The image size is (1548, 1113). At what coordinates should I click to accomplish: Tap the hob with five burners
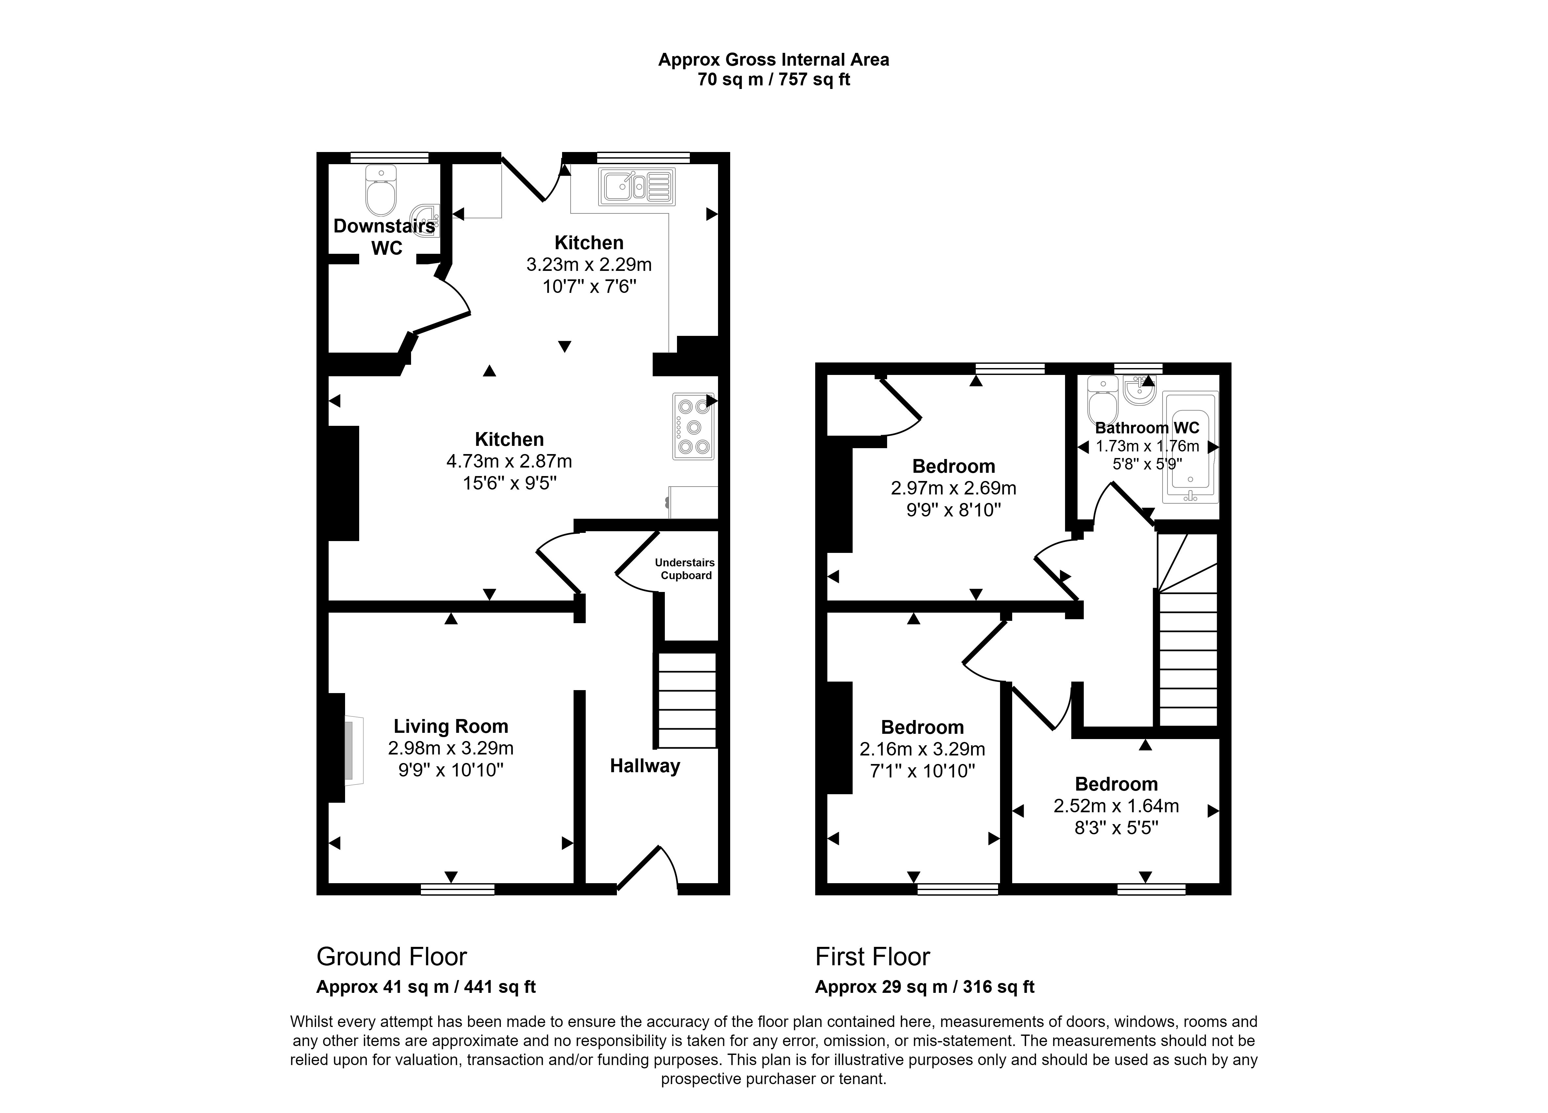pos(693,426)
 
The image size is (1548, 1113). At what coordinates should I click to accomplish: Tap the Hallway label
pos(644,766)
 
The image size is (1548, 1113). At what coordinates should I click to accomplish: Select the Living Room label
pos(450,726)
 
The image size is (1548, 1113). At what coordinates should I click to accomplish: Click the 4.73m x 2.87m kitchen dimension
pos(509,461)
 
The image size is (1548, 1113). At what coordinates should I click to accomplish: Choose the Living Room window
pos(457,889)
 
